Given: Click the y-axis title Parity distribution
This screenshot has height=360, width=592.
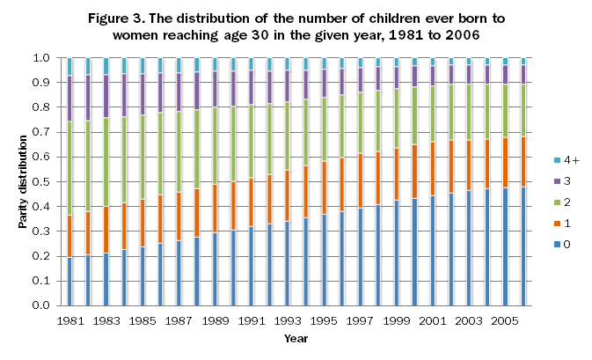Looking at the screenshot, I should (x=23, y=181).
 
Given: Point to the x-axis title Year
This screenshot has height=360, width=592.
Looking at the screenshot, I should (x=296, y=337).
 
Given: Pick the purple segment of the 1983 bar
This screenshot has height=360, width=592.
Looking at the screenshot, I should (x=106, y=96).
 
